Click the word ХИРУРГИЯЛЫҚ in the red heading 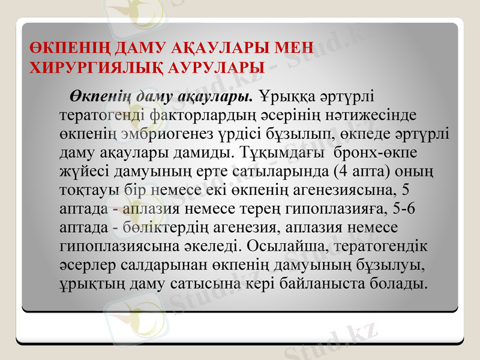click(x=87, y=68)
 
